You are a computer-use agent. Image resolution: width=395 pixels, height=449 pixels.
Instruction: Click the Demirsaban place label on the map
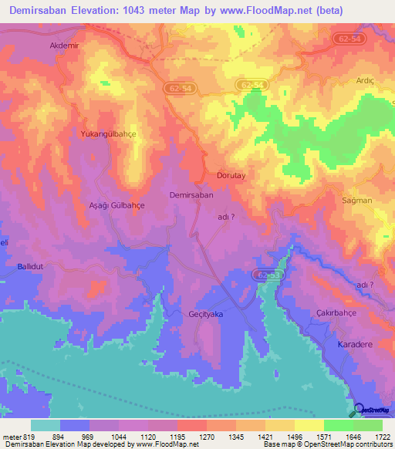[x=191, y=195]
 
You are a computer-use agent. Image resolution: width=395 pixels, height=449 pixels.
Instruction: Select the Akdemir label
[x=64, y=46]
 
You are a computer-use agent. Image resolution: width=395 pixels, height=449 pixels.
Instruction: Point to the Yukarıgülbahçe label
[x=108, y=133]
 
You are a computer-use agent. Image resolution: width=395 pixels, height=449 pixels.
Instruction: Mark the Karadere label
[x=356, y=345]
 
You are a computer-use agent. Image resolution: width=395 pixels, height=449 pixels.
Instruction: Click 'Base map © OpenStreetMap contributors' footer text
[x=326, y=444]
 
